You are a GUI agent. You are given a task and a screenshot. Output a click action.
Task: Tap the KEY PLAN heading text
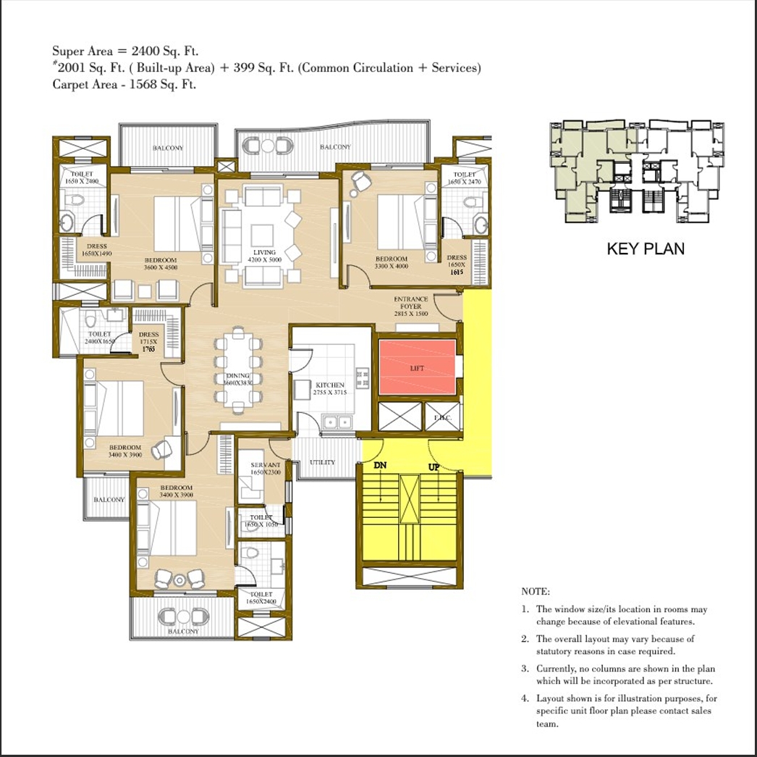(645, 249)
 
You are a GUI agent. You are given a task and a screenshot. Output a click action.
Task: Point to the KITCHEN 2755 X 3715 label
(330, 388)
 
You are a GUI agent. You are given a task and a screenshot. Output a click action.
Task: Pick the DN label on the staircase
(381, 466)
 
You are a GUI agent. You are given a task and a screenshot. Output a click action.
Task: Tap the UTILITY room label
(322, 462)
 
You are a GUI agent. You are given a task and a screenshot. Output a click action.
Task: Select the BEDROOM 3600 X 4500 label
(161, 264)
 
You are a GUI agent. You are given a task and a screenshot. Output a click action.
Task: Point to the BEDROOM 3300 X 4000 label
(392, 262)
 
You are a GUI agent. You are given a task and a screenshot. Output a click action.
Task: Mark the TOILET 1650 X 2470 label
(464, 178)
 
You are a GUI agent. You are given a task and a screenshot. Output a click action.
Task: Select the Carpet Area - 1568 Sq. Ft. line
(124, 84)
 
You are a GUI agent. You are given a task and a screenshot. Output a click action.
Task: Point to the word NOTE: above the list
(535, 592)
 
